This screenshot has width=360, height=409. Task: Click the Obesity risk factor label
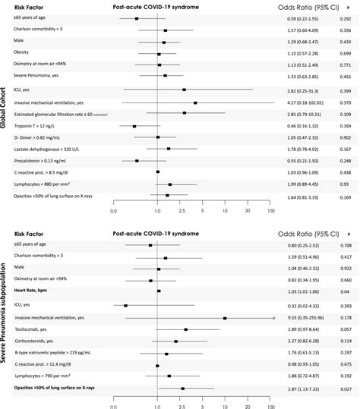[24, 55]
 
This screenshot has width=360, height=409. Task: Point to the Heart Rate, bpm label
[31, 291]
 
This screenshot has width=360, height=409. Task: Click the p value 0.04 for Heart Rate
[346, 291]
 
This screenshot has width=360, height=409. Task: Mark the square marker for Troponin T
[134, 126]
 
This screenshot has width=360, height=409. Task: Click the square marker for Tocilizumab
[186, 329]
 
